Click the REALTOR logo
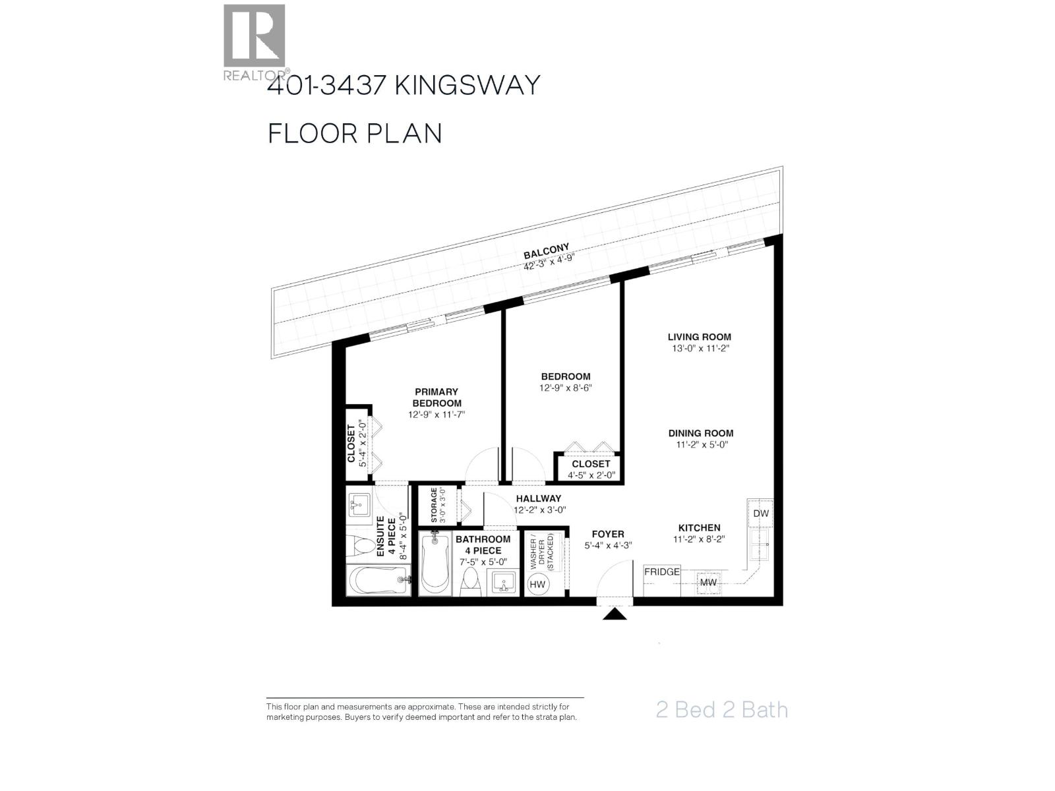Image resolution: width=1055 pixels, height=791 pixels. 255,41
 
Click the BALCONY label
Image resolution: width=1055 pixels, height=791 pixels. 546,251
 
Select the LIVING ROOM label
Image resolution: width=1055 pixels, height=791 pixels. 699,337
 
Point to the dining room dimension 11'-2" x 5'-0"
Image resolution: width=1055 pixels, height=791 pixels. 700,445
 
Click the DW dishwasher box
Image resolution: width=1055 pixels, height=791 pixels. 760,513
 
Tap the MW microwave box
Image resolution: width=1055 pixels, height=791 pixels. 708,583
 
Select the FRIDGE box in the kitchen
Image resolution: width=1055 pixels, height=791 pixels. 661,572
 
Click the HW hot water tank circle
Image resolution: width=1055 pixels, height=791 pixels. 538,584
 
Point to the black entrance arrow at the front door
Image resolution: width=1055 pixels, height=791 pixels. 615,614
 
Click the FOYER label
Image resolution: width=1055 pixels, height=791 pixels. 607,534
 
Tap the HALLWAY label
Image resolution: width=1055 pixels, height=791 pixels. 538,498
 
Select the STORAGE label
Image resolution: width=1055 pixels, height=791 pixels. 434,505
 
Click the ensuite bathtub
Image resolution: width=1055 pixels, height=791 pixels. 378,581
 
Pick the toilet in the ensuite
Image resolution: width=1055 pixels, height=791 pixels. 359,546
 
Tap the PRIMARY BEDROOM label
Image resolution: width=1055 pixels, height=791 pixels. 436,397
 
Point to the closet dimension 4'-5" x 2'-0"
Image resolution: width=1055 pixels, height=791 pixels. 591,475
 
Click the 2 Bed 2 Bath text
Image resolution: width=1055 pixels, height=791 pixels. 721,710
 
